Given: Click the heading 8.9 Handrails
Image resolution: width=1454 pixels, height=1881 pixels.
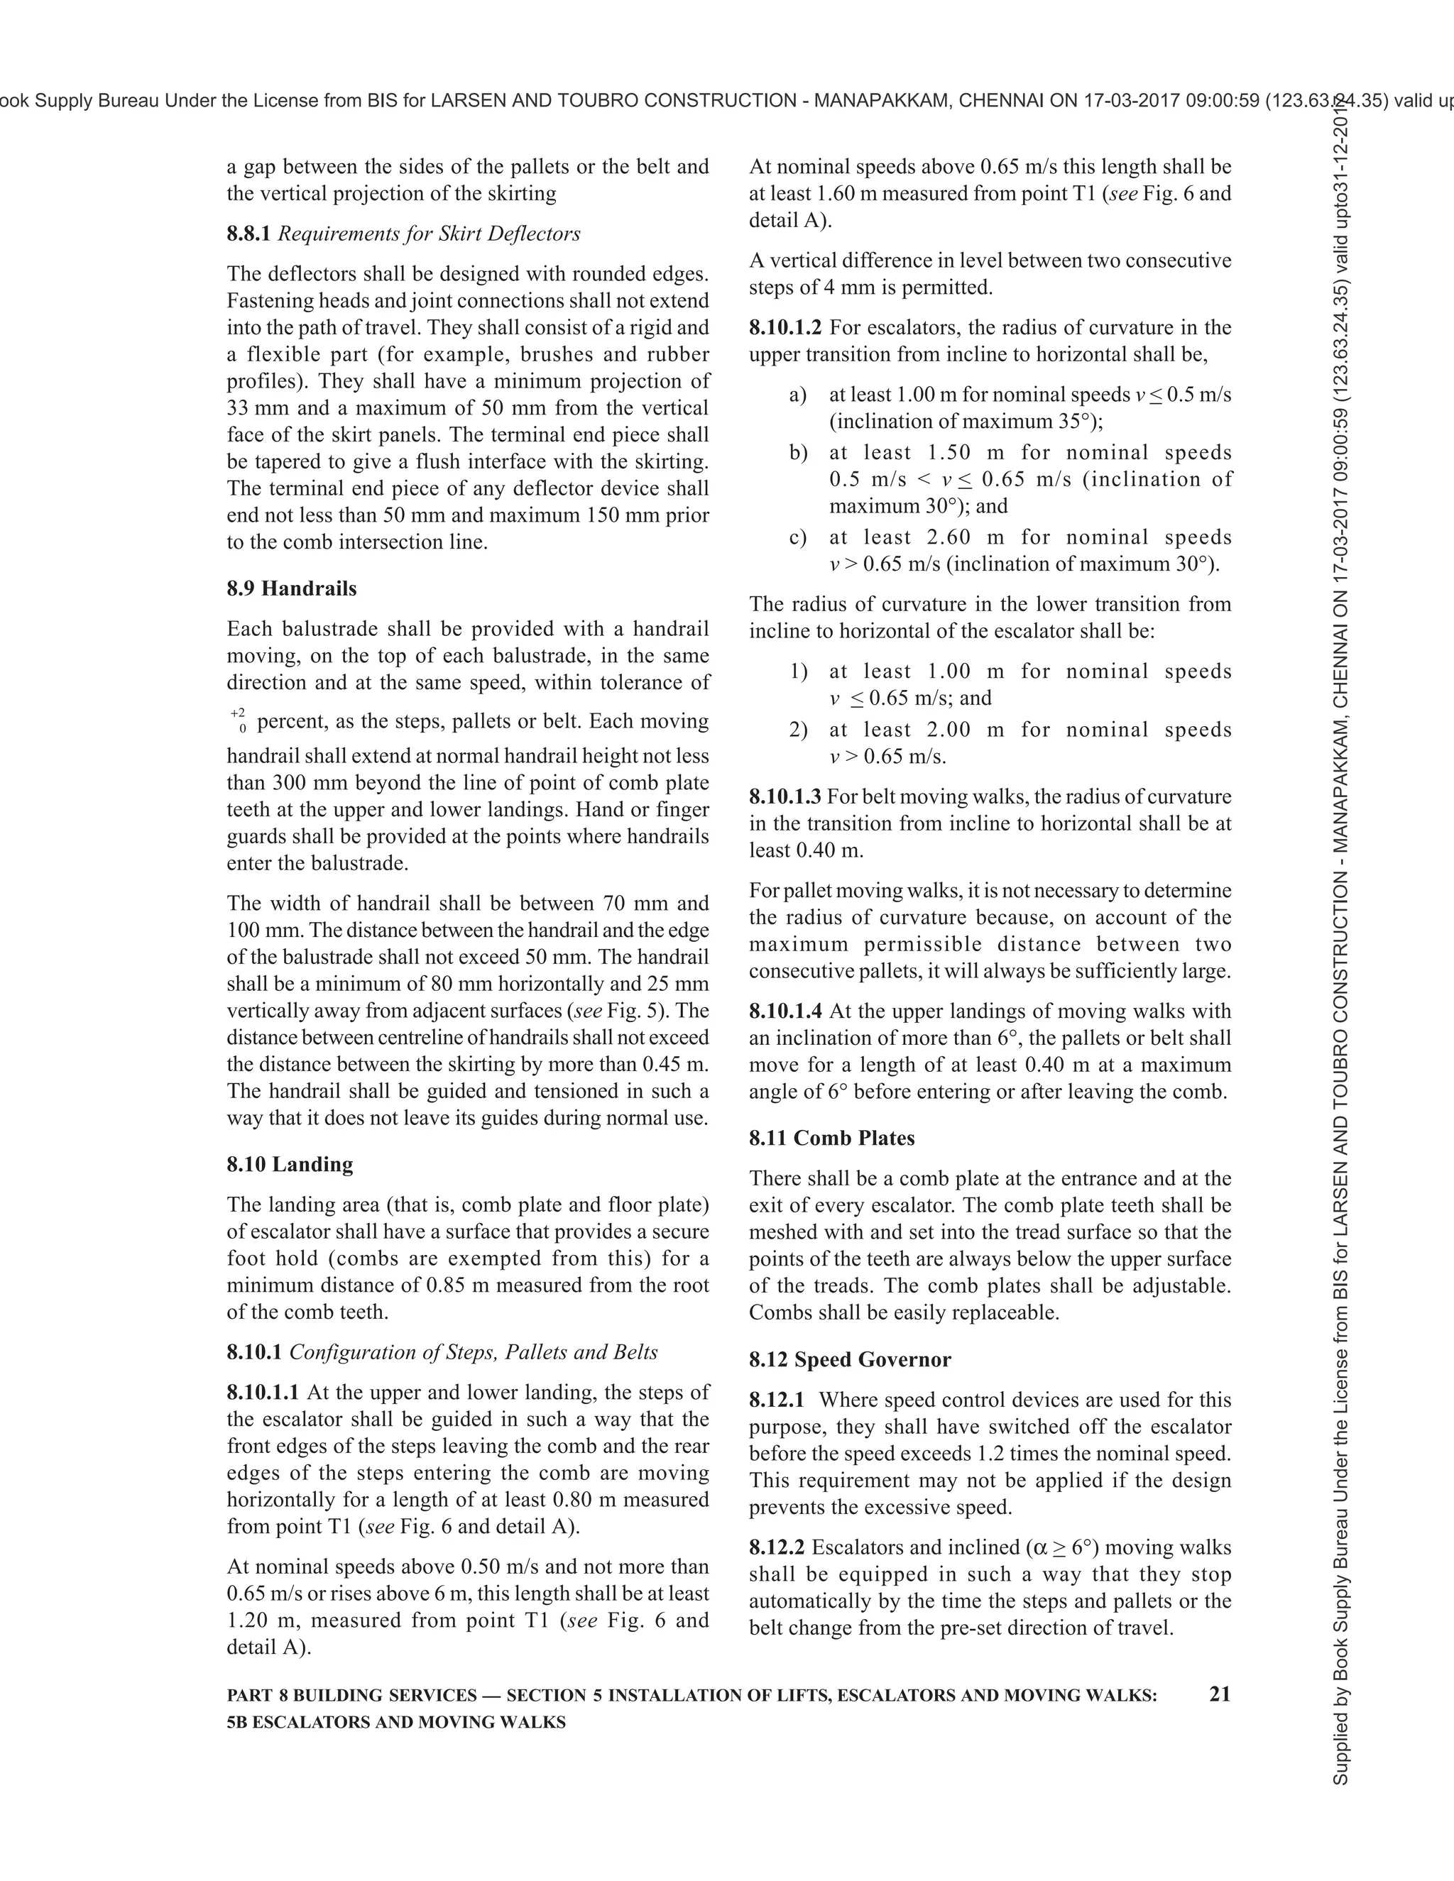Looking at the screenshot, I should pos(291,588).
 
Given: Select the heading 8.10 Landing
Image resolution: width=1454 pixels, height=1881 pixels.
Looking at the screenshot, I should pos(290,1164).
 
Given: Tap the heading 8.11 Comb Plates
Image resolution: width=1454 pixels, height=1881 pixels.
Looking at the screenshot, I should pos(831,1138).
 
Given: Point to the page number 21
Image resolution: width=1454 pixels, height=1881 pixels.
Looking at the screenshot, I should pos(1220,1694).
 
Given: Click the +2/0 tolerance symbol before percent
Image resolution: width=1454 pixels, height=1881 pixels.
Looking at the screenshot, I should pos(238,721).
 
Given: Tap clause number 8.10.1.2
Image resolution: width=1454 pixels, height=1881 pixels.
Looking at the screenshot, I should pos(785,327).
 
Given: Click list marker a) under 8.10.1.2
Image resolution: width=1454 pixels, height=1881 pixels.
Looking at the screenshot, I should pos(797,395).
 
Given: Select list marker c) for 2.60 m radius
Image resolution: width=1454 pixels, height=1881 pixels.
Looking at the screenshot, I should pos(797,538).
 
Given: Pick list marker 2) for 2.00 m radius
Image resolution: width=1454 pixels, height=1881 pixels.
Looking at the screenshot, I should pos(797,730).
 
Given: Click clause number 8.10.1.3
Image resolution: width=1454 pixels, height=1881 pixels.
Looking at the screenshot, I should pos(785,796).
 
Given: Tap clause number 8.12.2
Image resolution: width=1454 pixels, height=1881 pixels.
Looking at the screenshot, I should pos(776,1547).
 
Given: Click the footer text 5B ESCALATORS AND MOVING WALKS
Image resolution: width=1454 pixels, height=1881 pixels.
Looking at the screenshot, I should pos(396,1723).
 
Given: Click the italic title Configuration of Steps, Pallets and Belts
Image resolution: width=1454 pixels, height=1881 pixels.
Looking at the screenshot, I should pos(473,1352).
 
